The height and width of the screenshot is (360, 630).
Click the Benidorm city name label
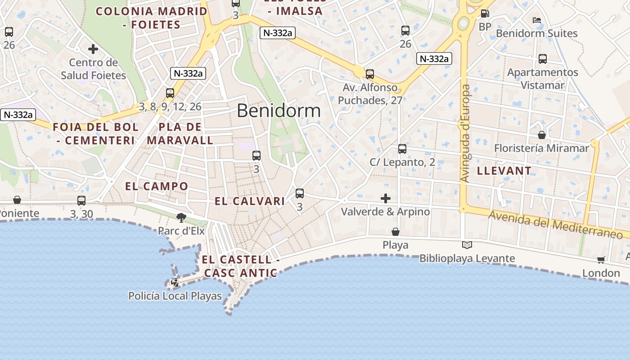tap(279, 111)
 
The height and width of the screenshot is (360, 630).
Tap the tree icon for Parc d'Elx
tap(181, 218)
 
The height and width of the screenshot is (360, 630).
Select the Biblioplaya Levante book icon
tap(467, 245)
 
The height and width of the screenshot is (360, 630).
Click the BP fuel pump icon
tap(485, 14)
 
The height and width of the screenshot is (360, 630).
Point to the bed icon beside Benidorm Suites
tap(536, 20)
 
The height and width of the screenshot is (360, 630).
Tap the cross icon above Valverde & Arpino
tap(386, 198)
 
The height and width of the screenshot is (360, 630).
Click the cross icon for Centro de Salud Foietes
tap(93, 49)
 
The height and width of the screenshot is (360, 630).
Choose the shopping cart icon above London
tap(601, 260)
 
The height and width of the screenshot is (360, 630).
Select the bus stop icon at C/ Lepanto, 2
tap(402, 149)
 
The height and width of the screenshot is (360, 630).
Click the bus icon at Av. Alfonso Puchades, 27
tap(370, 74)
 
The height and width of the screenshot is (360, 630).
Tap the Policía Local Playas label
tap(175, 296)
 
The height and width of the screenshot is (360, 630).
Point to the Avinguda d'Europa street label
tap(465, 133)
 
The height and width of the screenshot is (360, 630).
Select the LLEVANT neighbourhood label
tap(504, 171)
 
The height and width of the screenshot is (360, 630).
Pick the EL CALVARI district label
tap(250, 201)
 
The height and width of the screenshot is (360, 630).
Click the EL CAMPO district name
tap(157, 186)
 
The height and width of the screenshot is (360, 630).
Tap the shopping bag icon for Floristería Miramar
tap(542, 135)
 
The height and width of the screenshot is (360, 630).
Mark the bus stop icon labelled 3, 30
tap(81, 201)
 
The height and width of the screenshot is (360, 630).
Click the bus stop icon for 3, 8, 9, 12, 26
tap(170, 94)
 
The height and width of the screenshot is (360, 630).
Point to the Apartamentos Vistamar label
tap(542, 79)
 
